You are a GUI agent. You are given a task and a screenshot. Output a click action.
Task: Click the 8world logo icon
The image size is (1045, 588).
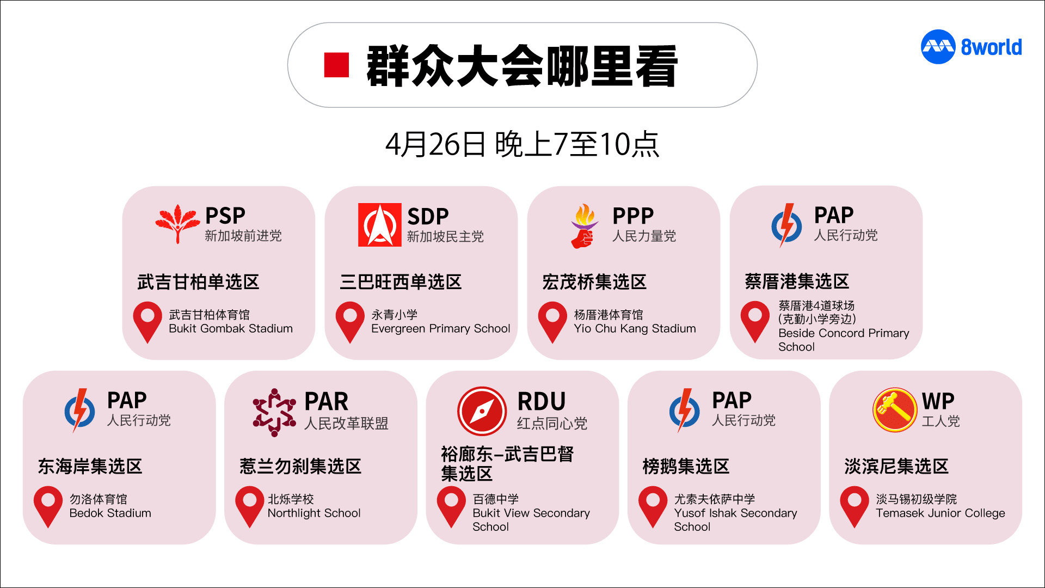click(938, 47)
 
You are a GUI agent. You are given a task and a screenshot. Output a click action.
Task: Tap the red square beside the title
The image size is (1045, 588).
click(336, 65)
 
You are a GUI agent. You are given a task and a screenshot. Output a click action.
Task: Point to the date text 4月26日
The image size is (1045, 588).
click(435, 144)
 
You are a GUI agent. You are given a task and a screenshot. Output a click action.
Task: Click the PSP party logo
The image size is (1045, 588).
click(177, 223)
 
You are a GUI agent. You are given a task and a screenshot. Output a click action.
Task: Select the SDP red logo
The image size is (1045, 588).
click(379, 225)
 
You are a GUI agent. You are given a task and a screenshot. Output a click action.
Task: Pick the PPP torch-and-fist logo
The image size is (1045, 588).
click(584, 225)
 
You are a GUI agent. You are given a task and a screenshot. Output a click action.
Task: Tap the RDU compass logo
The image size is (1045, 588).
click(482, 411)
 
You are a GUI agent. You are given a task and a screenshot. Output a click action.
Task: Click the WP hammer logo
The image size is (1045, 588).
click(895, 410)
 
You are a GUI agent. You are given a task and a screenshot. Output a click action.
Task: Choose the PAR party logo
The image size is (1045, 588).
click(274, 412)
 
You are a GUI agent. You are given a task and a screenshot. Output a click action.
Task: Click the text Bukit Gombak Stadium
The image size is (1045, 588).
click(231, 328)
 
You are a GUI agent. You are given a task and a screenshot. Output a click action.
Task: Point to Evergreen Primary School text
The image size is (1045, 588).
click(440, 328)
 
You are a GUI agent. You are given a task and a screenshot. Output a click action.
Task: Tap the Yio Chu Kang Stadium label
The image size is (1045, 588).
click(635, 328)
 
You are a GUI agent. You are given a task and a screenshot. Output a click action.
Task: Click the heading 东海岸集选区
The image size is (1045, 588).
click(90, 466)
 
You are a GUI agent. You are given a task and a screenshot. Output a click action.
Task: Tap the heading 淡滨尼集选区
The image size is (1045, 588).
click(896, 466)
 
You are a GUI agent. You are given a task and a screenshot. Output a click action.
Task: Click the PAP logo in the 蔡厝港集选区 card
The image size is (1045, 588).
click(786, 225)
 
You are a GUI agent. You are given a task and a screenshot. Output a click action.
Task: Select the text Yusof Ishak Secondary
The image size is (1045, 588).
click(735, 513)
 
